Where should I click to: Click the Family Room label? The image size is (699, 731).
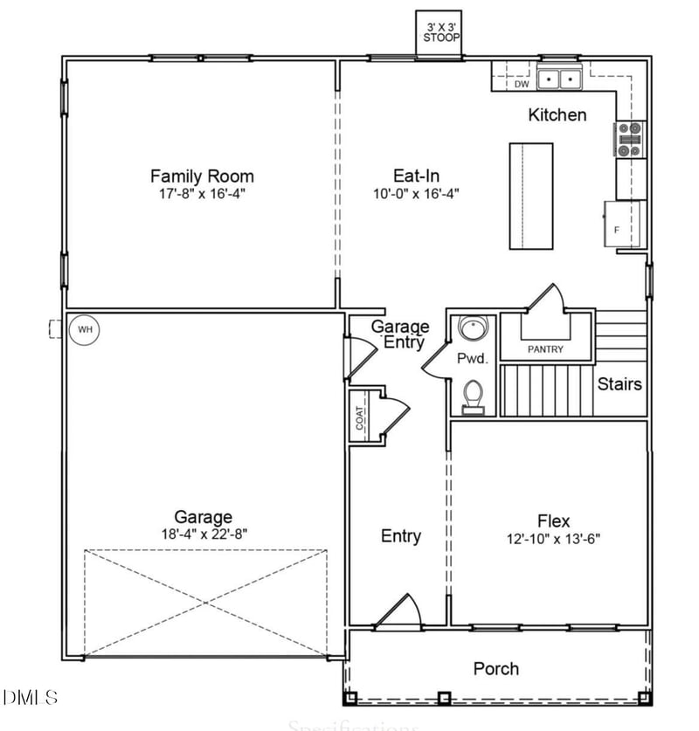coord(202,176)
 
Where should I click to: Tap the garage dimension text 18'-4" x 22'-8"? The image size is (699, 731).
coord(203,534)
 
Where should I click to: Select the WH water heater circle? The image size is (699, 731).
coord(85,329)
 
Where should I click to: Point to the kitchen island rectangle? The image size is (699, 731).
coord(531,196)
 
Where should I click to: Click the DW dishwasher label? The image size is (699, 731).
coord(521,85)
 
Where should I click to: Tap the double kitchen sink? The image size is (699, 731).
coord(560,79)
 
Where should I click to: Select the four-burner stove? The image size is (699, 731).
coord(630,139)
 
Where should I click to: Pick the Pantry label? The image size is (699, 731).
coord(545,349)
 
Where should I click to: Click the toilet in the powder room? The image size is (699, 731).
coord(473,397)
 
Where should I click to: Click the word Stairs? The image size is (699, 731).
coord(619,383)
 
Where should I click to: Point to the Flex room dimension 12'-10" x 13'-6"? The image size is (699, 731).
coord(553,538)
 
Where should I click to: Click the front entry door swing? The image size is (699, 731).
coord(401,610)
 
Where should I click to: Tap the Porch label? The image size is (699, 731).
coord(495,669)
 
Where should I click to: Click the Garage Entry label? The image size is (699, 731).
coord(400,334)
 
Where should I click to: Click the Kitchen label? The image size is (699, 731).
coord(557,114)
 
